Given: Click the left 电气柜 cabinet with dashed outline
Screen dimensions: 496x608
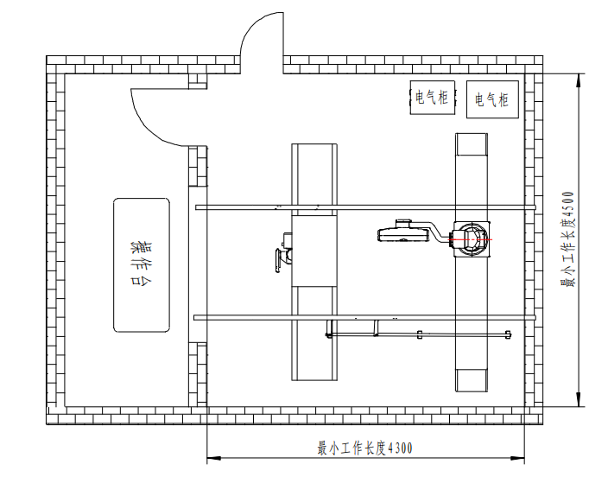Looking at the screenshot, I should pyautogui.click(x=432, y=98).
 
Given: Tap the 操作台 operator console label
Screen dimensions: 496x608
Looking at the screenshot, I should pyautogui.click(x=142, y=264).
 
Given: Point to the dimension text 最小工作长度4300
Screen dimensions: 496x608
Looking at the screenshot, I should pyautogui.click(x=365, y=448).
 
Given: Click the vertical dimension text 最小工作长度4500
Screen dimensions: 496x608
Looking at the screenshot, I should pyautogui.click(x=567, y=239).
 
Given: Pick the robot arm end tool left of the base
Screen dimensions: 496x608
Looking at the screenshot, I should pyautogui.click(x=403, y=232).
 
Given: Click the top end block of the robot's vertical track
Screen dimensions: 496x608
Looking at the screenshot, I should pyautogui.click(x=472, y=144).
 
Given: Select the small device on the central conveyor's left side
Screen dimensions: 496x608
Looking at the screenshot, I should pyautogui.click(x=284, y=251).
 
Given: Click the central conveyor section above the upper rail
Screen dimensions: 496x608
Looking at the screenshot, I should pyautogui.click(x=315, y=174).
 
